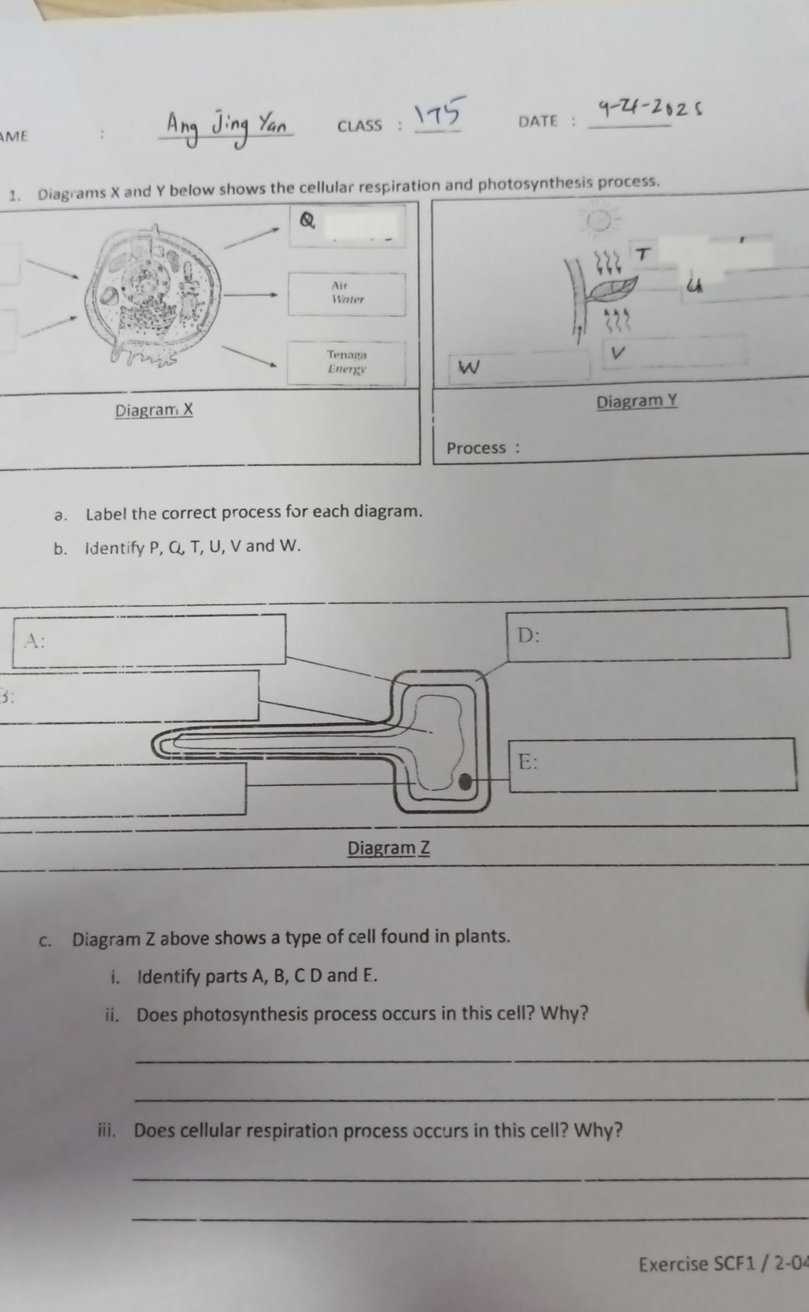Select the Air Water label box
pos(346,293)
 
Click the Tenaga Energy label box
pos(346,362)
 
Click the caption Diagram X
pos(154,410)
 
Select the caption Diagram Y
pos(637,401)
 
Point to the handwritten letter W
pos(469,368)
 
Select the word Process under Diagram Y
pos(476,448)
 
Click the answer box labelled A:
pos(149,640)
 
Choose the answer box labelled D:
pos(647,633)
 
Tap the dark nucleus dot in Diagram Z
pos(464,781)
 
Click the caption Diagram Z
pos(388,848)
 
